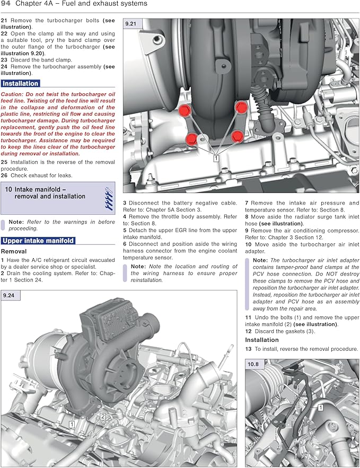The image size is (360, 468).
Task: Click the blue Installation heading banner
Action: (20, 83)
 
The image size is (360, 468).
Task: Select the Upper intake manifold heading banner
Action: (38, 241)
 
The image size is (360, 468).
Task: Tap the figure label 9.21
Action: (130, 24)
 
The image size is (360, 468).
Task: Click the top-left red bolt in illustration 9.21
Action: (185, 111)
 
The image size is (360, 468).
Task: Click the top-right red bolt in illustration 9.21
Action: (241, 108)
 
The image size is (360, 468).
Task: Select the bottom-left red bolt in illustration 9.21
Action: (191, 139)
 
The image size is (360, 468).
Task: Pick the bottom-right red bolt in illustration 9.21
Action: (237, 137)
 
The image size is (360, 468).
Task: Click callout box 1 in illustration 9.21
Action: (216, 157)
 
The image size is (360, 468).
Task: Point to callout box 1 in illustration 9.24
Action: (72, 425)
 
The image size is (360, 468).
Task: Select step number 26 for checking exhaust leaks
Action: (4, 175)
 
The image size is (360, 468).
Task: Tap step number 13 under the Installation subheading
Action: (248, 349)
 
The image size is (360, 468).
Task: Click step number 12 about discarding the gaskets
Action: (248, 331)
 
